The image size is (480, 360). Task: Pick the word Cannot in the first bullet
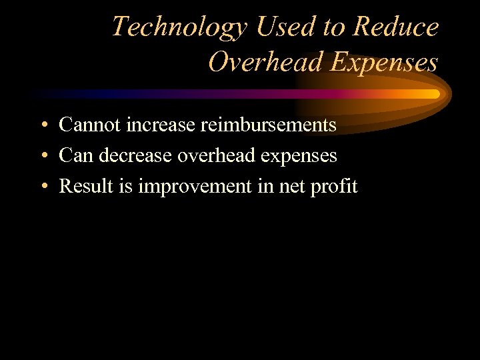pyautogui.click(x=85, y=125)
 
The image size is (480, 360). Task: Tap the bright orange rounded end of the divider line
pyautogui.click(x=435, y=94)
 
